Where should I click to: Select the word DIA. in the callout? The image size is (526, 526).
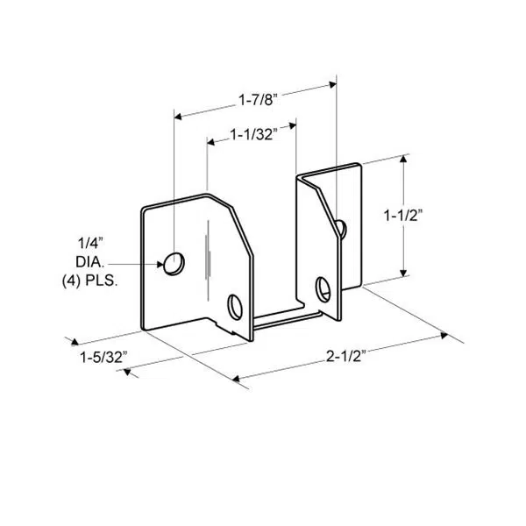(x=90, y=262)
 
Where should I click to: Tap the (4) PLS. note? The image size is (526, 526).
(x=90, y=281)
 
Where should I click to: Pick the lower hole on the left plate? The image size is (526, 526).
(x=235, y=306)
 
